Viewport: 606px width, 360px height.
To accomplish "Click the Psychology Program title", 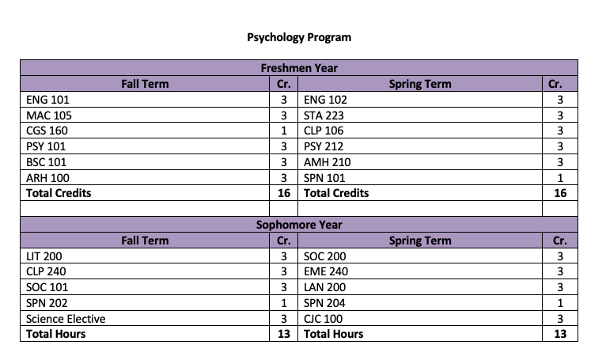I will (x=299, y=37).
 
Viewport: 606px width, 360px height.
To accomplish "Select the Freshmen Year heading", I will (x=299, y=68).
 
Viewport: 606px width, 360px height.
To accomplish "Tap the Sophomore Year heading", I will (x=299, y=225).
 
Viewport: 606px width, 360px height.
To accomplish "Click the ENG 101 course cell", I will (x=47, y=100).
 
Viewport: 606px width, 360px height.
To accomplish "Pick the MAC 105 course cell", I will (x=49, y=116).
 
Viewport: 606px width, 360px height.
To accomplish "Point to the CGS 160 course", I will (x=47, y=131).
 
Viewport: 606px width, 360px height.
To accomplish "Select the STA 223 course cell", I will (x=324, y=116).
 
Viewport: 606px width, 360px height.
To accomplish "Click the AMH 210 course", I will (x=327, y=162).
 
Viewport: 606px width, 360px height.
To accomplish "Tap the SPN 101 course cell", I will (x=324, y=178).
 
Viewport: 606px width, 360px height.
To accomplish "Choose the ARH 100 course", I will (x=47, y=178).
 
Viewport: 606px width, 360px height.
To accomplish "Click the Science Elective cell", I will (x=66, y=319).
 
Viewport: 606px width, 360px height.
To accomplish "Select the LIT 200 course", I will (x=44, y=256).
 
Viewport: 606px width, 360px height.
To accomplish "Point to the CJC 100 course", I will (x=323, y=319).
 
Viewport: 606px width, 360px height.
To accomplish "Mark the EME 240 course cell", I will (x=326, y=272).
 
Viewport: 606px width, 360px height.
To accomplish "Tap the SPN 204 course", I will (x=324, y=303).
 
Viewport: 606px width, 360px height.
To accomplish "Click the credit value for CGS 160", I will (x=283, y=131).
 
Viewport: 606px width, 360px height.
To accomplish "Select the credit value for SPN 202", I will (x=283, y=303).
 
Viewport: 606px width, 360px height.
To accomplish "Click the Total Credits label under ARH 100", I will (x=59, y=193).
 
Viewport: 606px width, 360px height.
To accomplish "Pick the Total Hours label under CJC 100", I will (x=334, y=334).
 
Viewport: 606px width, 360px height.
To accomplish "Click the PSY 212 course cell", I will (x=324, y=146).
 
